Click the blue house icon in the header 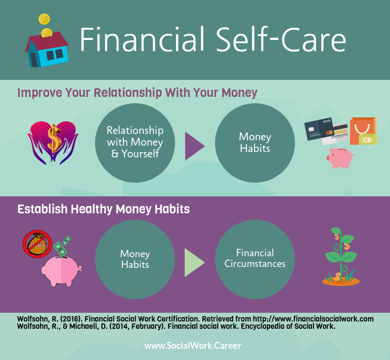point(47,50)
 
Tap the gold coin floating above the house point(44,19)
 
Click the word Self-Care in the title point(281,39)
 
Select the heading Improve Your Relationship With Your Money point(137,93)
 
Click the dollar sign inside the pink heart point(54,138)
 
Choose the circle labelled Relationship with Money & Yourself point(135,143)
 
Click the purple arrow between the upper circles point(195,146)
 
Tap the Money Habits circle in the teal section point(255,143)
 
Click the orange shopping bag point(363,131)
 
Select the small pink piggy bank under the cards point(340,158)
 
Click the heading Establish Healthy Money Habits point(103,209)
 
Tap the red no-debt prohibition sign point(38,244)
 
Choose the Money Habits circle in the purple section point(135,259)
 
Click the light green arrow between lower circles point(195,263)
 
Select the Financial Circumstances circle point(255,259)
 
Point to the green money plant point(341,257)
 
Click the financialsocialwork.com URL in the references point(313,319)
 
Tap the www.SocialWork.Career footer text point(193,345)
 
